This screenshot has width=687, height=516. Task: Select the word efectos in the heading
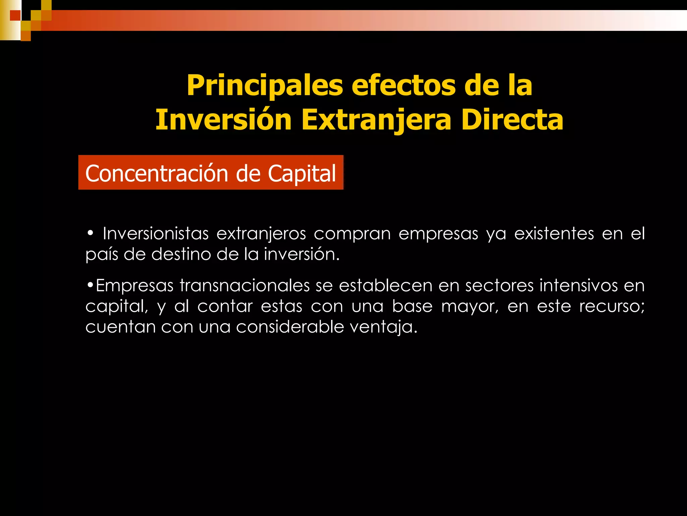(404, 85)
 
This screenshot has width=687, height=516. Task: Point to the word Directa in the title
(512, 120)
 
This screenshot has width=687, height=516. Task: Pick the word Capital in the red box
(302, 173)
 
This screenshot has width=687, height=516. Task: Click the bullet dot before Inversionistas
(90, 233)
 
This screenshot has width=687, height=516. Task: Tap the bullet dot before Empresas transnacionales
(90, 285)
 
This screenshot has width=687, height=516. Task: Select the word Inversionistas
(156, 233)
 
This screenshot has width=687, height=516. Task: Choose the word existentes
(554, 233)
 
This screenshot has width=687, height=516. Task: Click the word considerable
(290, 327)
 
